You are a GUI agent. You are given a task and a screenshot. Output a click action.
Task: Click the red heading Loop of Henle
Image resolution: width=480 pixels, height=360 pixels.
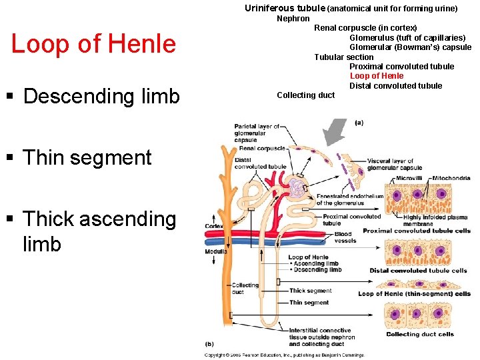pos(93,44)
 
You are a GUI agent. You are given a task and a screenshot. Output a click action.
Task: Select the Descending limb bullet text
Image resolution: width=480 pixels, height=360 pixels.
pos(101,96)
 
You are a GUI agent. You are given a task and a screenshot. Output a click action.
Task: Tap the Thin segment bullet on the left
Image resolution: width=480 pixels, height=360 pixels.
pos(87,157)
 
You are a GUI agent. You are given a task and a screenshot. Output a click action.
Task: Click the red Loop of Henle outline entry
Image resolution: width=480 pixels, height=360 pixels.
pos(376,76)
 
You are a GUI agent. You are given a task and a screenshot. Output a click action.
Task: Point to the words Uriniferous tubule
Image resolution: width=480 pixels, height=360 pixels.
pos(285,9)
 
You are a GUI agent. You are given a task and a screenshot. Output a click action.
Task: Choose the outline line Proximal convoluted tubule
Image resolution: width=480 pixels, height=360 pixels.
pos(401,67)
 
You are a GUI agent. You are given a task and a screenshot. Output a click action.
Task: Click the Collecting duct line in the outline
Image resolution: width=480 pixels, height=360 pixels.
pos(305,95)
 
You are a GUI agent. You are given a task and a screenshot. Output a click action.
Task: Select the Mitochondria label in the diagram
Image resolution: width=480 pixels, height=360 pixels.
pos(451,179)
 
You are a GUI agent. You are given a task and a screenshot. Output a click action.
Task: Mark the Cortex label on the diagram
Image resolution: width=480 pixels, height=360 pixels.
pos(213,226)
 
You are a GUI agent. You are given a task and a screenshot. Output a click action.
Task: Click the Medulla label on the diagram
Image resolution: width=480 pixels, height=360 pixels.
pos(215,251)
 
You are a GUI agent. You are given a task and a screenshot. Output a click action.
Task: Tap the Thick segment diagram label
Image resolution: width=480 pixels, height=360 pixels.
pos(310,291)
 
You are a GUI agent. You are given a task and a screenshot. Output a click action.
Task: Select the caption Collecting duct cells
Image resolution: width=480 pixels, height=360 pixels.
pos(419,334)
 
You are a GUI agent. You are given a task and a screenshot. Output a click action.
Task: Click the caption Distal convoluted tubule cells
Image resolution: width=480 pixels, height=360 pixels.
pos(418,271)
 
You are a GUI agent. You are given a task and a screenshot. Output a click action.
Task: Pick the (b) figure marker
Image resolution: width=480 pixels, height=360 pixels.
pos(209,344)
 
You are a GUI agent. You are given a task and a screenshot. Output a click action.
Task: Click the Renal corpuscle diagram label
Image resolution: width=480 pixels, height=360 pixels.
pos(261,149)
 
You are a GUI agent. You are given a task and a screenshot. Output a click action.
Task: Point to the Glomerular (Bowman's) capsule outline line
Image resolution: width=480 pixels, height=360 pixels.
pos(410,47)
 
